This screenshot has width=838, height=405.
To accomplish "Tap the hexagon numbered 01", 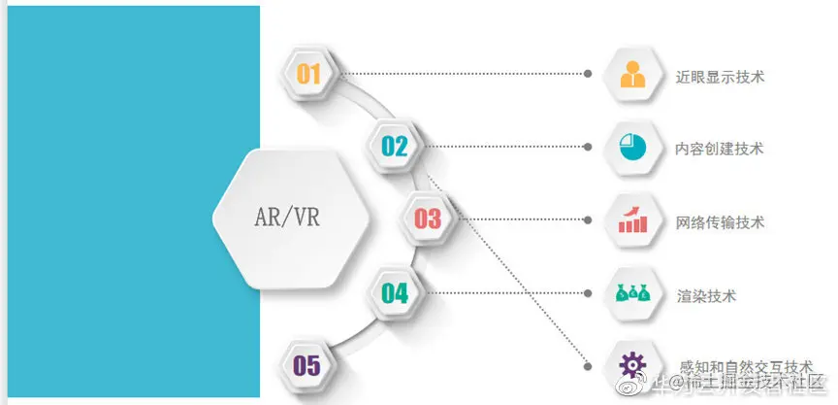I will (308, 73).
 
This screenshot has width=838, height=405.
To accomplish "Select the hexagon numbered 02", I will (394, 147).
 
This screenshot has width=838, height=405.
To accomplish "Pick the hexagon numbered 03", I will (427, 219).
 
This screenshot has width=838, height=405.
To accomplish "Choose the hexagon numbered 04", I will (394, 292).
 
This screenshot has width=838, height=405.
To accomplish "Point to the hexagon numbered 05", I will (306, 365).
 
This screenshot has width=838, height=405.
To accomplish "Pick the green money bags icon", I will (632, 292).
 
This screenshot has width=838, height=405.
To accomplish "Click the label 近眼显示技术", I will (720, 76).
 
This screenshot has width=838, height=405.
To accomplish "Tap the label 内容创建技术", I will (720, 149).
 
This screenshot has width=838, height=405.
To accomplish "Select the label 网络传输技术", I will (720, 221).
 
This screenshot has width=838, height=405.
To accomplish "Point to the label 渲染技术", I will (706, 294).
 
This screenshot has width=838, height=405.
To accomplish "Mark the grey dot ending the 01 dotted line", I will (588, 74).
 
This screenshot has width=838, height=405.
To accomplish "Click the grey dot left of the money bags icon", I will (588, 292).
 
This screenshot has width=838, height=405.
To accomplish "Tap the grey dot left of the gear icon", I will (588, 365).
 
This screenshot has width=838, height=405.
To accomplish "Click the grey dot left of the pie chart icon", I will (588, 147).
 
